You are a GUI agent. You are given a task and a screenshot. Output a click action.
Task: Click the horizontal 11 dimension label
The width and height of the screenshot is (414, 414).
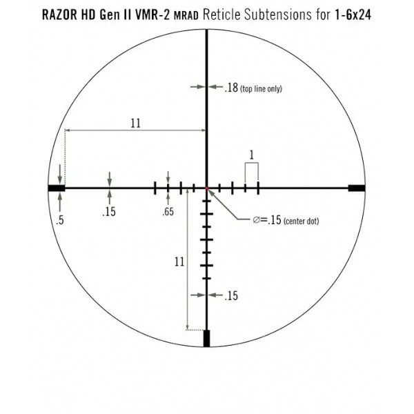click(135, 124)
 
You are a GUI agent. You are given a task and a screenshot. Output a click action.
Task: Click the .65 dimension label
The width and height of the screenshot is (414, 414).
click(168, 212)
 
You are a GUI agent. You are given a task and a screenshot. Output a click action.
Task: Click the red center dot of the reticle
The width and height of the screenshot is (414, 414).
click(206, 188)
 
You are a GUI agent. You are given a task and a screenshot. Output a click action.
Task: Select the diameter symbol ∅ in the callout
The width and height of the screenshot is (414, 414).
click(257, 220)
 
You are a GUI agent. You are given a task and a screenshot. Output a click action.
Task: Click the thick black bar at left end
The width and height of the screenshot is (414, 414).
click(56, 188)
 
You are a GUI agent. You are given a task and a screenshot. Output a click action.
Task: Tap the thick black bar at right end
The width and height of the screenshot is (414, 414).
click(357, 188)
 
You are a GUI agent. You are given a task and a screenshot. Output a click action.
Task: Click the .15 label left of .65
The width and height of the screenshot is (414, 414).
click(109, 212)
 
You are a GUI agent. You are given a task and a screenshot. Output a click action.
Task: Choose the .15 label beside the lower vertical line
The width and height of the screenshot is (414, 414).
click(232, 295)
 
